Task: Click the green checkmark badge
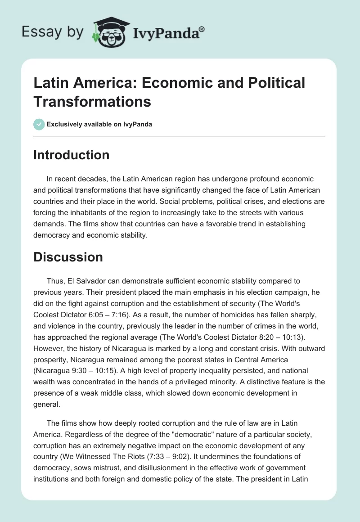39,124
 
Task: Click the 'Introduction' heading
72,155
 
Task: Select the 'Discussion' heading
68,257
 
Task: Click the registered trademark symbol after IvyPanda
202,29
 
